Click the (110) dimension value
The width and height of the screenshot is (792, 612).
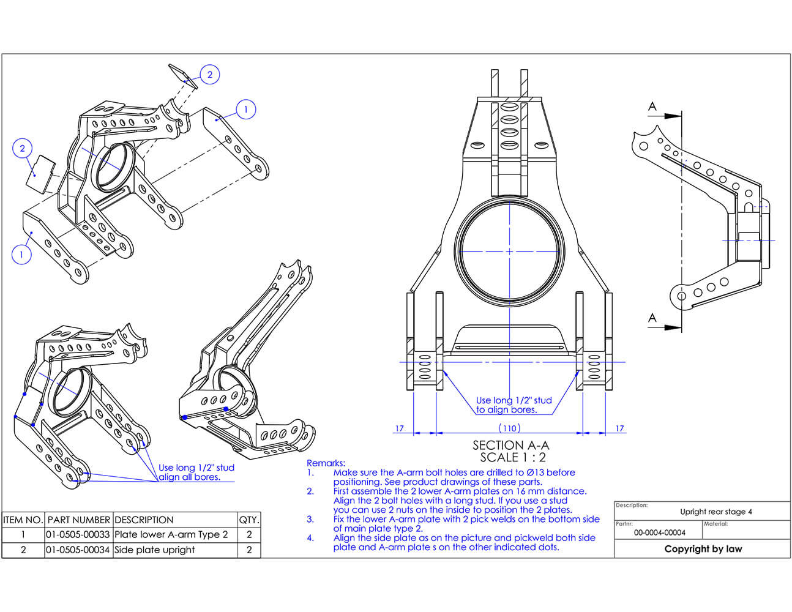click(509, 428)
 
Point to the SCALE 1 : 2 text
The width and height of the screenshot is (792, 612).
click(512, 457)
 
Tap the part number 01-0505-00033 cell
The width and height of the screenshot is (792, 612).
click(78, 534)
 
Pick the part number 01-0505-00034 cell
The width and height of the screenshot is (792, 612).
click(78, 550)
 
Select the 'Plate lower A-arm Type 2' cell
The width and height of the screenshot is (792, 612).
click(171, 534)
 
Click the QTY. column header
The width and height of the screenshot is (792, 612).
click(249, 520)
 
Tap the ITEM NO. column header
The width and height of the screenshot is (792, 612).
click(23, 520)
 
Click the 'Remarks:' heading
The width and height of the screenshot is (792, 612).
click(326, 463)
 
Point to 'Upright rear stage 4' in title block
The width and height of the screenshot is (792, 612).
click(715, 512)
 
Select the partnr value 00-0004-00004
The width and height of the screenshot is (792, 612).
click(659, 532)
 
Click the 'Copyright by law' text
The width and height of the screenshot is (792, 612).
click(703, 549)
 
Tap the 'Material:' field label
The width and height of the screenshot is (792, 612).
click(715, 524)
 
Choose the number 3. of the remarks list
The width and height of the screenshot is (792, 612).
click(310, 519)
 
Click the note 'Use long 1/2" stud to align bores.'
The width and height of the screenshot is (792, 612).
click(514, 405)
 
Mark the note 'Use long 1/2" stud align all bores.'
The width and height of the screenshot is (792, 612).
click(196, 472)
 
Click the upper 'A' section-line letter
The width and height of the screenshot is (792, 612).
click(652, 106)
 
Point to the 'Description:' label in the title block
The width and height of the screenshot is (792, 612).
click(631, 505)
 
